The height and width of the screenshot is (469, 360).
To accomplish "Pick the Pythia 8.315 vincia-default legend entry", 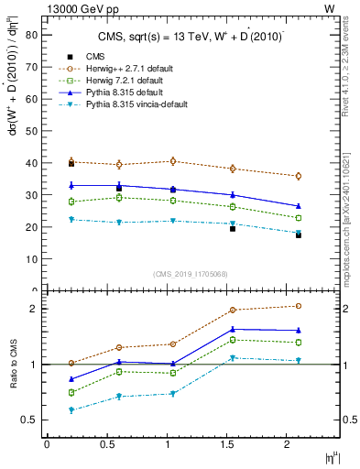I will coord(135,104).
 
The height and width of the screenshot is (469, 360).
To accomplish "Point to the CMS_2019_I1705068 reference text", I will coord(191,273).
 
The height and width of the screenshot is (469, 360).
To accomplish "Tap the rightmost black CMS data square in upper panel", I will coord(299,235).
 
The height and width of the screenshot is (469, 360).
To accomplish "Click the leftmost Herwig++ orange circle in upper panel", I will coord(71,161).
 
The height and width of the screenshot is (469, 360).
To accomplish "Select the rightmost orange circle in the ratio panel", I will coord(299,306).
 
